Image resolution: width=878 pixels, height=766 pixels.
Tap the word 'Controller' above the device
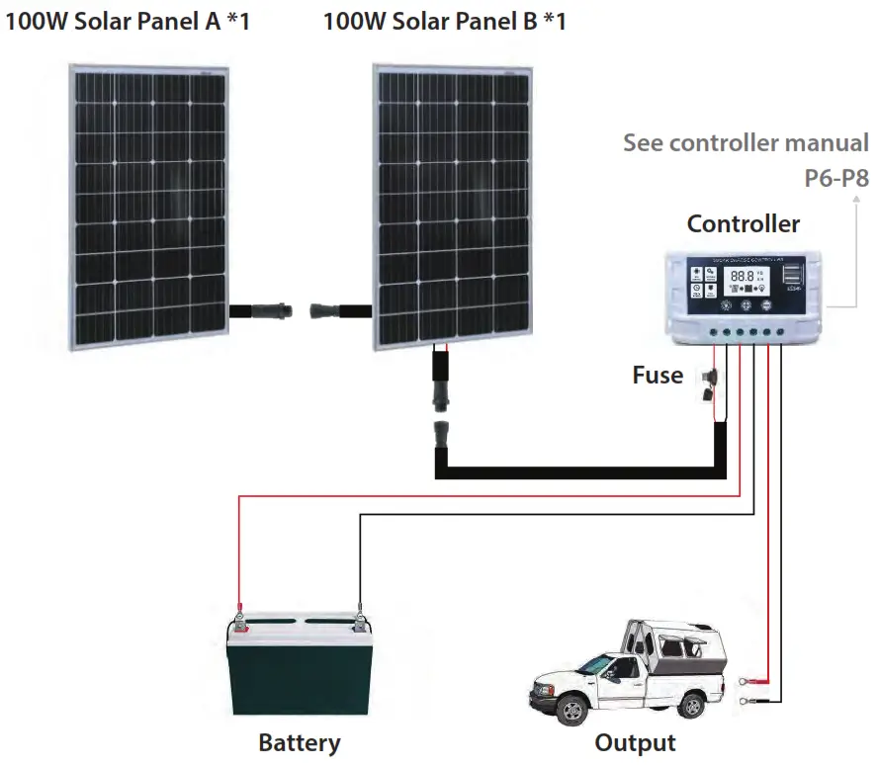pyautogui.click(x=744, y=223)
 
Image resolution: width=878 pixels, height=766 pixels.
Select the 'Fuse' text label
pyautogui.click(x=658, y=375)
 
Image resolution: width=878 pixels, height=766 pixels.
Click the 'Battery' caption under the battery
pyautogui.click(x=300, y=742)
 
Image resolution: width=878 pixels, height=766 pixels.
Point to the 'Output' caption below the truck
pyautogui.click(x=636, y=742)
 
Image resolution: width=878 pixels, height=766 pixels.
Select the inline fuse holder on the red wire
pyautogui.click(x=709, y=385)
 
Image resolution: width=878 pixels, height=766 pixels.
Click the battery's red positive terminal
pyautogui.click(x=238, y=622)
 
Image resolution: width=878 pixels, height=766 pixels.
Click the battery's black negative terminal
pyautogui.click(x=359, y=622)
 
